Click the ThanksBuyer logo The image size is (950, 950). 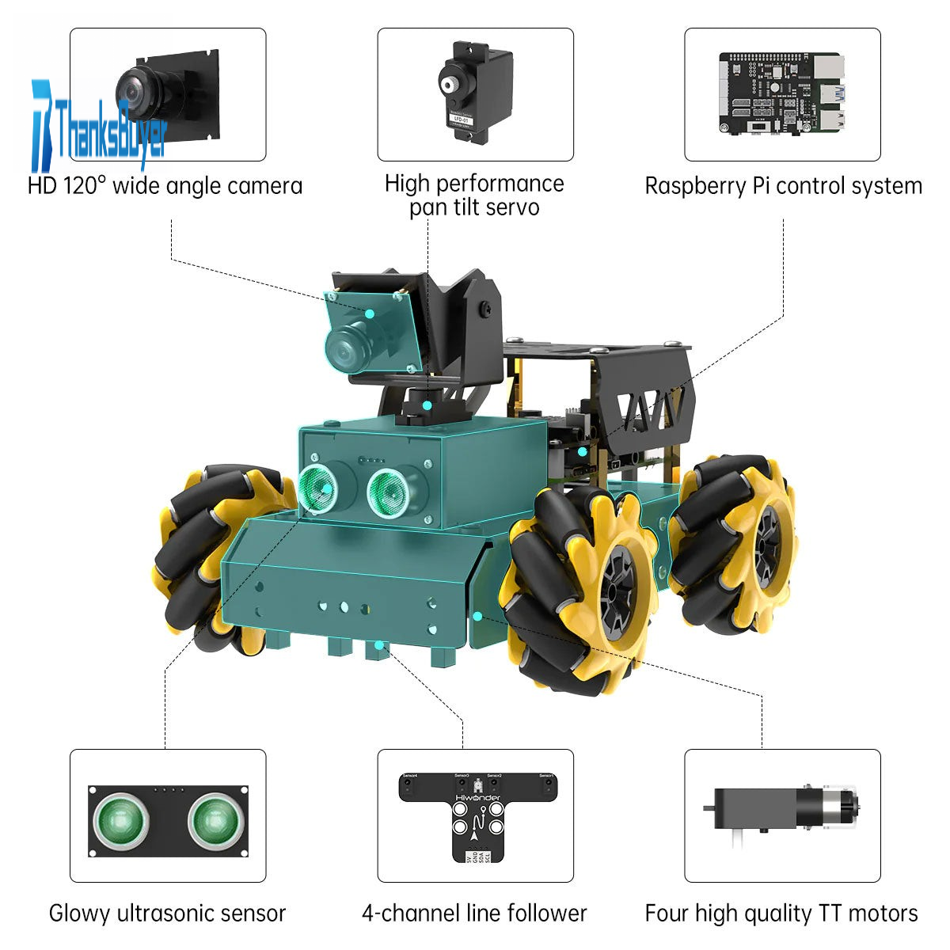[x=99, y=127]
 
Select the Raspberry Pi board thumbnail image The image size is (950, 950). [x=781, y=93]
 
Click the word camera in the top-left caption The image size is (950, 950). [x=264, y=187]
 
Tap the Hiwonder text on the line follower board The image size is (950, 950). [x=477, y=798]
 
